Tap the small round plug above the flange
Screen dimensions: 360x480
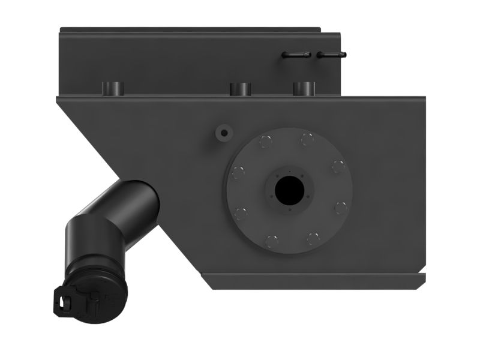point(224,133)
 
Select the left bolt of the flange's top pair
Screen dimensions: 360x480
point(265,142)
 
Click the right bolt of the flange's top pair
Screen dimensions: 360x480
point(307,140)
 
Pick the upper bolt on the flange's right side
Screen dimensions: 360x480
point(338,167)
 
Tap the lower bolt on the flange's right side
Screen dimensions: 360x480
point(340,208)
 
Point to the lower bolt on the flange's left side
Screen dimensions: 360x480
point(241,213)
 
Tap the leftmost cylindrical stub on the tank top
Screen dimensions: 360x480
point(112,88)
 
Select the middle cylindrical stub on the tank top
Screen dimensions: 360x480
point(240,89)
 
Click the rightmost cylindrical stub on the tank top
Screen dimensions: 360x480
point(304,88)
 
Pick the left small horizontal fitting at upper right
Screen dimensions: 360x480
point(296,55)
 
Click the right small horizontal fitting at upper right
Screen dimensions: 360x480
point(332,55)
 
